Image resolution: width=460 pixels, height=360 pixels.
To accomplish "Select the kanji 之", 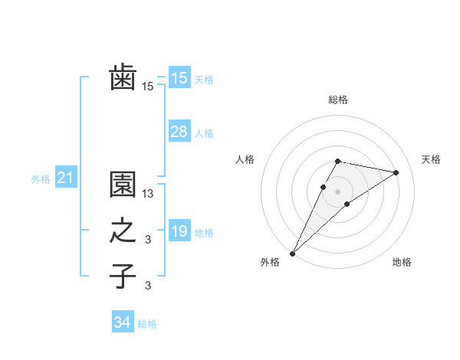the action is click(x=123, y=231).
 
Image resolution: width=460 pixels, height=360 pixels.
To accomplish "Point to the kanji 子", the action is click(x=123, y=276).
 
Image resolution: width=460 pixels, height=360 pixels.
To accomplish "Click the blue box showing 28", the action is click(x=179, y=132).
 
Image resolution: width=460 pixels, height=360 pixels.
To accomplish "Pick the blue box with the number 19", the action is click(x=179, y=231).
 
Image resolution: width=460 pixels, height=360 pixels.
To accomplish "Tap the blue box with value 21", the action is click(x=66, y=178).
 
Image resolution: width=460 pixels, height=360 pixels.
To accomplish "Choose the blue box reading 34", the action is click(x=122, y=323).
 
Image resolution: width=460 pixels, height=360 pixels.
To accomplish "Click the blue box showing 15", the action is click(x=179, y=78).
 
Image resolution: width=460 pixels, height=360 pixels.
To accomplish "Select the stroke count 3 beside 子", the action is click(x=149, y=286).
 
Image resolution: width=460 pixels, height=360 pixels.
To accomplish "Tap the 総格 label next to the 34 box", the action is click(x=147, y=324).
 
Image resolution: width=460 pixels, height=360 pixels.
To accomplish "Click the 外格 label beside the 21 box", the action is click(x=41, y=179).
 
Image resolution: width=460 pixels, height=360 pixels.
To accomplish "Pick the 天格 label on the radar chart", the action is click(x=431, y=159).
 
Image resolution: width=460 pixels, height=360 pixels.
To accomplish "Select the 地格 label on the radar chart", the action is click(x=402, y=262).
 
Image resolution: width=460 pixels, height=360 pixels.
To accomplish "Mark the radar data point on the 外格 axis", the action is click(x=292, y=253).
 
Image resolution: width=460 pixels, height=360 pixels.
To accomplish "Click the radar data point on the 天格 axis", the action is click(x=396, y=172).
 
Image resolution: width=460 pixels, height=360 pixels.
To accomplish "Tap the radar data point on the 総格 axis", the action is click(x=337, y=161).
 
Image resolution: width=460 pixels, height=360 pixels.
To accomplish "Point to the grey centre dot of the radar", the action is click(x=337, y=191).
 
